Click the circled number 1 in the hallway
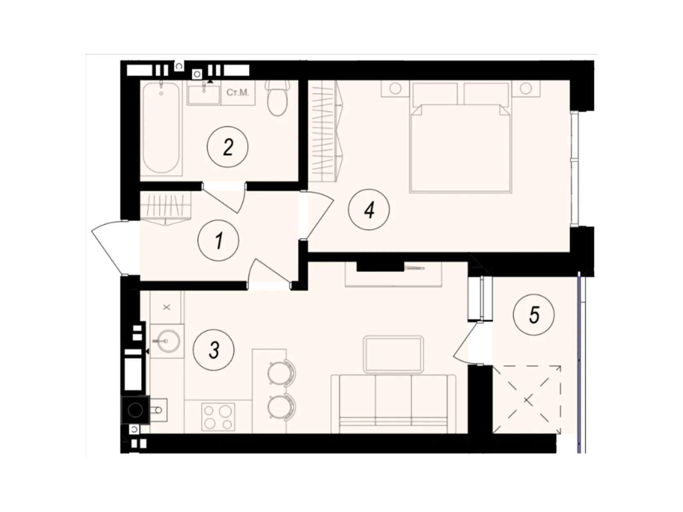(x=218, y=241)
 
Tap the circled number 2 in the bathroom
(x=228, y=147)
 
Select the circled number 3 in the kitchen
(x=214, y=350)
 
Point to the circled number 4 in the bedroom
(x=369, y=209)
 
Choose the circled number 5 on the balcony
(x=534, y=315)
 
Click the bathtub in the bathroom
(x=161, y=128)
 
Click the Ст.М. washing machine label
(x=237, y=93)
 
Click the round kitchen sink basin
(x=166, y=341)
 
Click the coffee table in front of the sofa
(x=393, y=354)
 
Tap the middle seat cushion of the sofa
(x=393, y=400)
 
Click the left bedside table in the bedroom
(x=395, y=89)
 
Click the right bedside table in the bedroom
(x=525, y=89)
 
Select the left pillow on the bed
(x=434, y=94)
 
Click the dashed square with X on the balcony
(x=528, y=399)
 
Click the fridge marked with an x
(x=167, y=307)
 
